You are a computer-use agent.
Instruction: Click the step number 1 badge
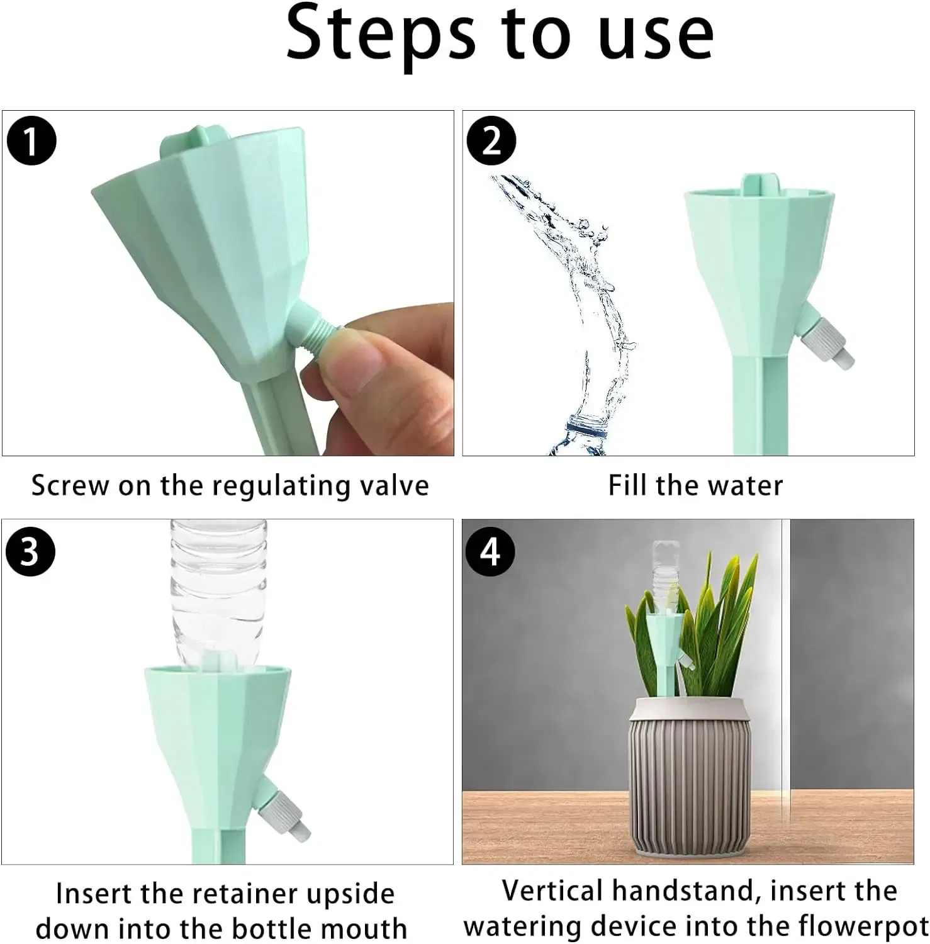(31, 141)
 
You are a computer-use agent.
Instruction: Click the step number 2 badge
(491, 141)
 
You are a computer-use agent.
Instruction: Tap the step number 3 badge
(30, 551)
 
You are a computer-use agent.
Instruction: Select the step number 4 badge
(490, 551)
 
